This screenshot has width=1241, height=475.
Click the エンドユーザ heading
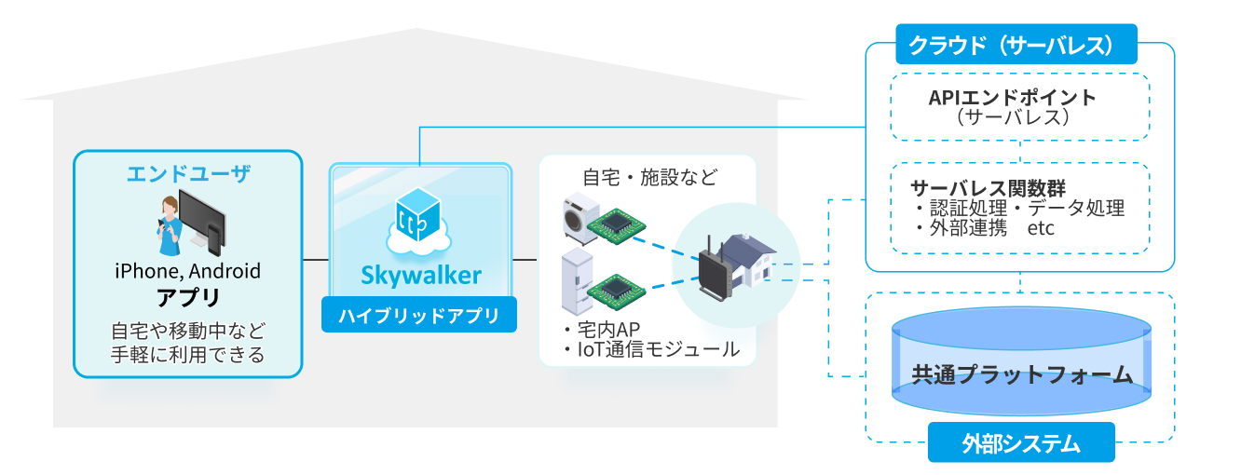[x=188, y=173]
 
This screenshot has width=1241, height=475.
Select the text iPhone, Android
[x=188, y=272]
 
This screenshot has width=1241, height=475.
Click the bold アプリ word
[x=188, y=299]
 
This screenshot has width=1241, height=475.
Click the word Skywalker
[x=421, y=276]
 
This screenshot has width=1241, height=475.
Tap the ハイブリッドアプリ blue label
[x=419, y=315]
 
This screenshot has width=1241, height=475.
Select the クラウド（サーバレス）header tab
[x=1004, y=45]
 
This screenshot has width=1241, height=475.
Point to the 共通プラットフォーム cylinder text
[x=1021, y=375]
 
